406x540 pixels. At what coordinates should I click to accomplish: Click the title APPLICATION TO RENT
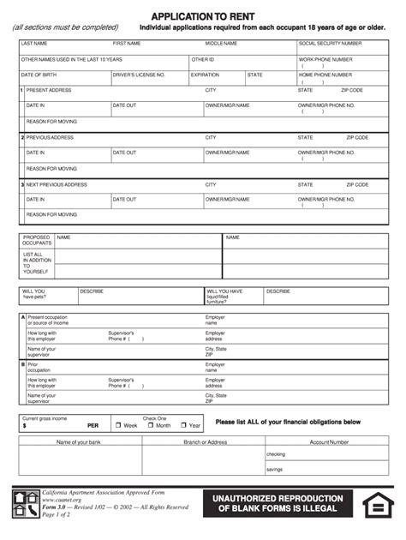click(x=202, y=16)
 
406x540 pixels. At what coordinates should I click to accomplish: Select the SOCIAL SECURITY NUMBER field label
click(x=330, y=43)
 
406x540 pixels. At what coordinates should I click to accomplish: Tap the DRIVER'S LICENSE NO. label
click(x=139, y=75)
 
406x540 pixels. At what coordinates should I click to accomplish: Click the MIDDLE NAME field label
click(x=221, y=43)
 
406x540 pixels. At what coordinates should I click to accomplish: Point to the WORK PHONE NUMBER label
click(x=325, y=59)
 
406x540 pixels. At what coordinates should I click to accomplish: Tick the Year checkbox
click(x=183, y=425)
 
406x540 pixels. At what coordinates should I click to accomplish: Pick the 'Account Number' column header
click(x=329, y=442)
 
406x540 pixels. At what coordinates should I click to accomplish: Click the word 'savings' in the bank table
click(x=274, y=469)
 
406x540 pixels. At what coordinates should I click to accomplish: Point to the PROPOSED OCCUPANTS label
click(x=37, y=240)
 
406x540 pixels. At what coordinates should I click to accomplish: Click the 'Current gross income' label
click(x=45, y=418)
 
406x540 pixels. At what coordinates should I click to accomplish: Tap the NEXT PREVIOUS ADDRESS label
click(x=57, y=184)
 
